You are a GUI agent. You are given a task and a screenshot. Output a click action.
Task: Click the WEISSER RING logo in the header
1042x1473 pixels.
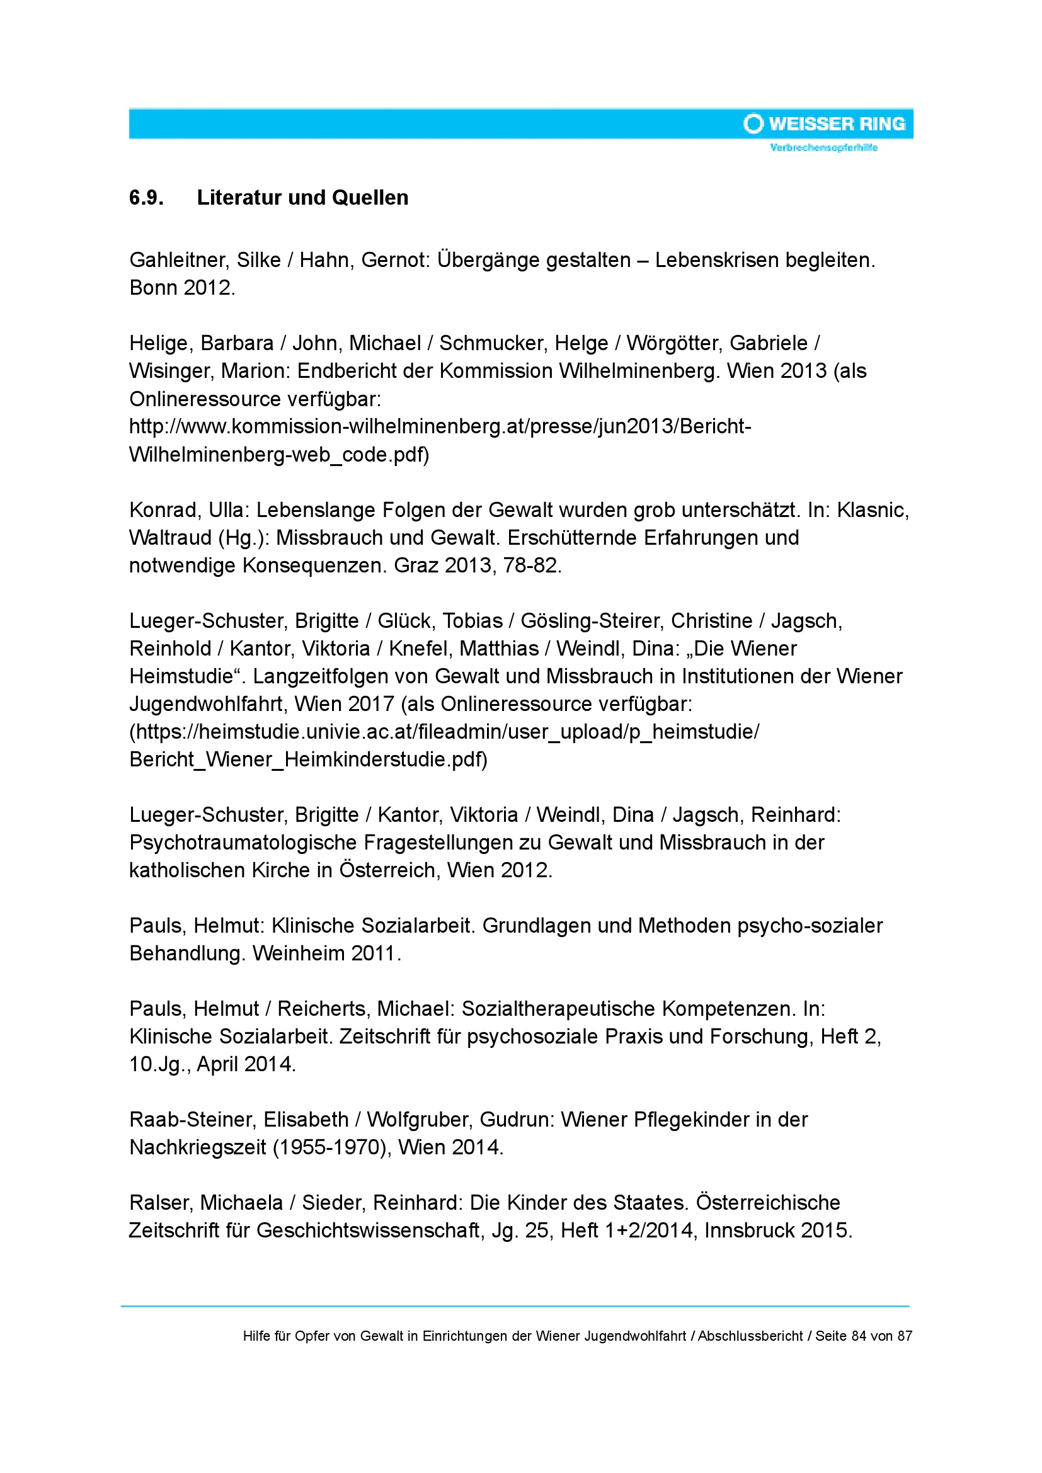point(825,124)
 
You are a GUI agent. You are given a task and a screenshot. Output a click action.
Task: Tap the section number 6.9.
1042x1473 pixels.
point(146,198)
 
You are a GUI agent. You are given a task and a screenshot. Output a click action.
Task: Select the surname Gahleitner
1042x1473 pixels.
point(179,260)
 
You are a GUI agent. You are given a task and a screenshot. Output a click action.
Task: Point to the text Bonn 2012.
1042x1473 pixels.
point(182,287)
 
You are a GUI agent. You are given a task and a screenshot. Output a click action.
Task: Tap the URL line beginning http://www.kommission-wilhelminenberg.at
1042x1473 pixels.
point(440,426)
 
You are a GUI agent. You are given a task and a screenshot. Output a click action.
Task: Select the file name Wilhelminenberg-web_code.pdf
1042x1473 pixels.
point(278,454)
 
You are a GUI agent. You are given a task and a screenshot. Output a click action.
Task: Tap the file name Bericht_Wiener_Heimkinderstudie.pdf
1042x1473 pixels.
point(308,759)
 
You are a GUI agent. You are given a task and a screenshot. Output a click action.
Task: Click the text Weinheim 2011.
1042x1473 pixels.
point(326,953)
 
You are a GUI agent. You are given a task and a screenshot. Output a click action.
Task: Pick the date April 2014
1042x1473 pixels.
point(246,1064)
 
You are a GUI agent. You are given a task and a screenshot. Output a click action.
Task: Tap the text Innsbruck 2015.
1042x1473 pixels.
point(777,1231)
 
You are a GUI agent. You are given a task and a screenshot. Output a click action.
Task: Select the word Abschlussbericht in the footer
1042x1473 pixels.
point(750,1336)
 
